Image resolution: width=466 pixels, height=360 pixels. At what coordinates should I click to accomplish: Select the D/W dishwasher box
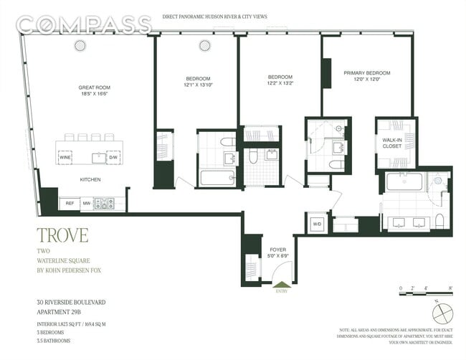(113, 156)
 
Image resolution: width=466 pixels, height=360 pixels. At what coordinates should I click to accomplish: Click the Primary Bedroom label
(366, 73)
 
